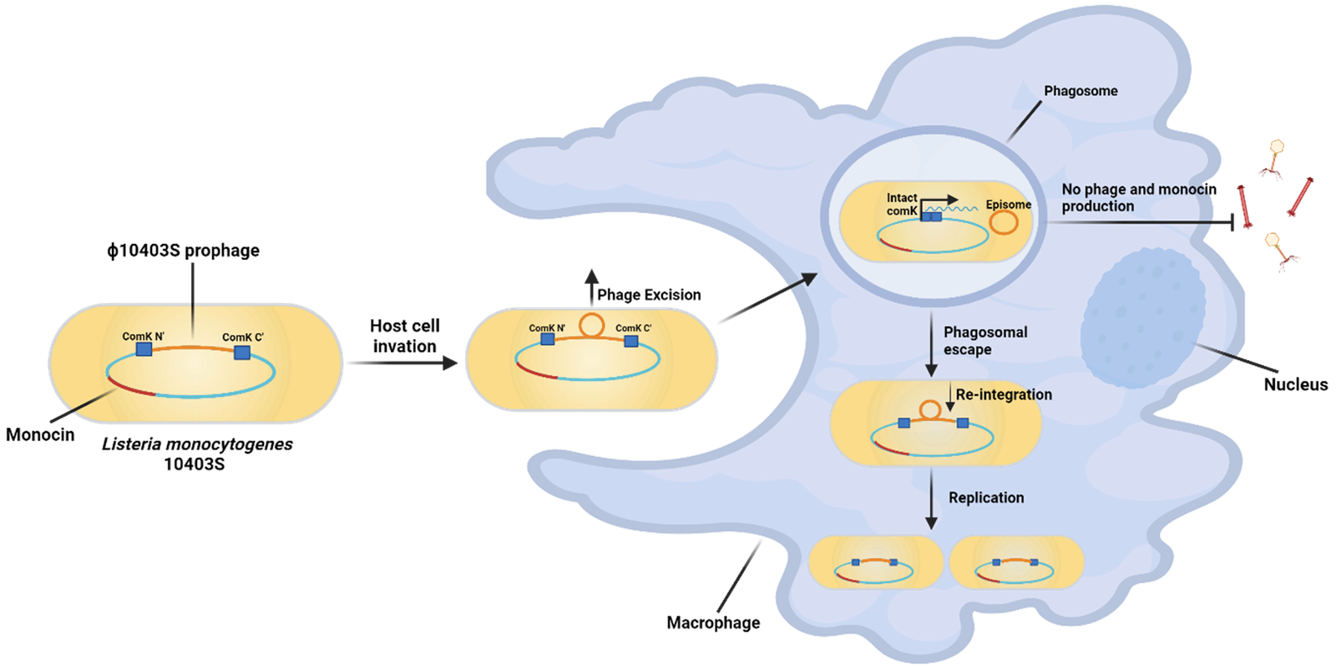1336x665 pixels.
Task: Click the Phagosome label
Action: (1080, 91)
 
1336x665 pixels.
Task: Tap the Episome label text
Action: (1008, 205)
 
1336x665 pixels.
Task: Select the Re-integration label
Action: (1004, 394)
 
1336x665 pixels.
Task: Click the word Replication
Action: (986, 498)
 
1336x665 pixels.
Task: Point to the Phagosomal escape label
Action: (984, 341)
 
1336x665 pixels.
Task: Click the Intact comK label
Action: (902, 205)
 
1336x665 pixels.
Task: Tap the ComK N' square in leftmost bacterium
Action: (144, 348)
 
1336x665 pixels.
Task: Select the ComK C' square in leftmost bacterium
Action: (242, 353)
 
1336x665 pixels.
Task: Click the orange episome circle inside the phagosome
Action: (1003, 222)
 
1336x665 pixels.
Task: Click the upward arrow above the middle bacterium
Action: (591, 287)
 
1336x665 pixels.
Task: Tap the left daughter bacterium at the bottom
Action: (876, 562)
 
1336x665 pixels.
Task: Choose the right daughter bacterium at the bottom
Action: (1016, 562)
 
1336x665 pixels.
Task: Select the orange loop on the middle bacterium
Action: (591, 325)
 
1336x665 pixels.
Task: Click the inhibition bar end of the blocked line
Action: (1234, 223)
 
